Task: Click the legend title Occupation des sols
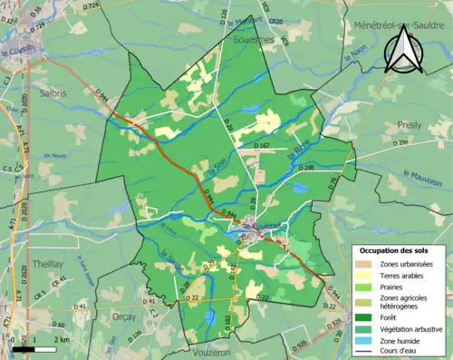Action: click(x=396, y=249)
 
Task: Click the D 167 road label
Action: click(x=262, y=144)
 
